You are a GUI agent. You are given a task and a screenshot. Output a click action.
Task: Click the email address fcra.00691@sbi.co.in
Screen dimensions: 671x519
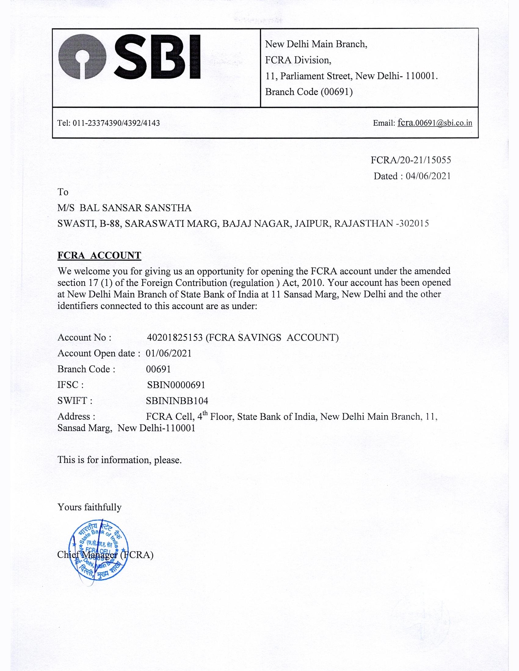point(435,123)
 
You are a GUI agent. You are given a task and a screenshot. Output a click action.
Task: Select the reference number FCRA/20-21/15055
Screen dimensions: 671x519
point(411,160)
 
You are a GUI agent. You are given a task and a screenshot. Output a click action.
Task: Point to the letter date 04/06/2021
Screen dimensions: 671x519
point(428,176)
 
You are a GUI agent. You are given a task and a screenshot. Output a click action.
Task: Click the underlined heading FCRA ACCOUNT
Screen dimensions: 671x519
point(99,255)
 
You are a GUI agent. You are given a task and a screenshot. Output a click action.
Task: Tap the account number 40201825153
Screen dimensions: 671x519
point(175,337)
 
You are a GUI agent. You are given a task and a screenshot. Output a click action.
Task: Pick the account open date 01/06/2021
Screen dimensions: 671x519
point(169,353)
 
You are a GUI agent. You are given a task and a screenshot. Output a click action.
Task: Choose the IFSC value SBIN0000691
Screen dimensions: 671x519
point(176,385)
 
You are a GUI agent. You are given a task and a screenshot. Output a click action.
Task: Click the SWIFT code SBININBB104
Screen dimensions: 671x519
point(177,401)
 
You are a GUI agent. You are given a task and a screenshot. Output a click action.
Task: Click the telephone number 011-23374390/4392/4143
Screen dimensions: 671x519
point(116,123)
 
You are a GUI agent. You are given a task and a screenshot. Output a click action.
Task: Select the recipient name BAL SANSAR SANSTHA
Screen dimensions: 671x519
point(135,208)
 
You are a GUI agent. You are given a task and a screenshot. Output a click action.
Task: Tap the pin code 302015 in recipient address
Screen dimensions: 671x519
point(414,223)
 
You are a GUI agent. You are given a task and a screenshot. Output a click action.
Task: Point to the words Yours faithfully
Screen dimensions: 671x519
point(89,507)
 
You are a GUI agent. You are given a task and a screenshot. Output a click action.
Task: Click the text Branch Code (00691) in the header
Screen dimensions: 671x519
point(309,91)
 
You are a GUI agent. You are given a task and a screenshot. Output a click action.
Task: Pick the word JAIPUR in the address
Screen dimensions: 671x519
point(312,223)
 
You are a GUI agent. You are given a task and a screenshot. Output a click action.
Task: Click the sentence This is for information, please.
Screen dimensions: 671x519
point(120,460)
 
